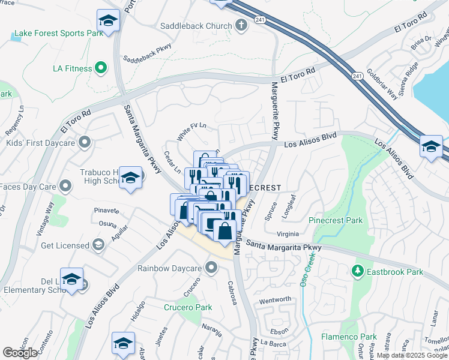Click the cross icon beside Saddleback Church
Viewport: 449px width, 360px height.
(241, 26)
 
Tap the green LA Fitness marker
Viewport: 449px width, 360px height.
(101, 68)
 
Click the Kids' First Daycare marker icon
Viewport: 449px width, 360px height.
(85, 142)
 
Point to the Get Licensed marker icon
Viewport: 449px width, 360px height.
(98, 245)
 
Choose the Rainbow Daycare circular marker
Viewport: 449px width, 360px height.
(211, 267)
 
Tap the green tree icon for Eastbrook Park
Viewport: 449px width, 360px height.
(358, 271)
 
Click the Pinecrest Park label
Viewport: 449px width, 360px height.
(336, 220)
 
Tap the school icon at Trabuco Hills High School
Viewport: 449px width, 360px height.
(130, 178)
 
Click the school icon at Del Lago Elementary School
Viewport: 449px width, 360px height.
(71, 279)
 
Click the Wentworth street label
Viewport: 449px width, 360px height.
(275, 299)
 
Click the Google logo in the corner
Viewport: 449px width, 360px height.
(20, 352)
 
